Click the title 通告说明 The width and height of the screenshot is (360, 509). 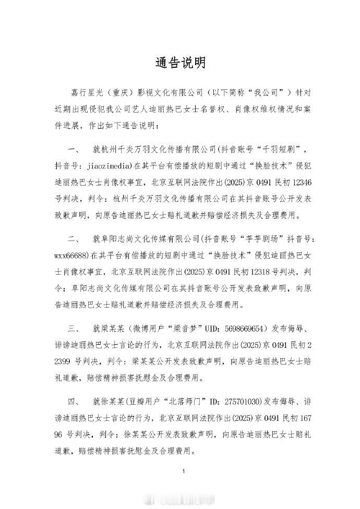pyautogui.click(x=180, y=63)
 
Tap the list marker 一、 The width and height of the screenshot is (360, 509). pyautogui.click(x=73, y=151)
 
